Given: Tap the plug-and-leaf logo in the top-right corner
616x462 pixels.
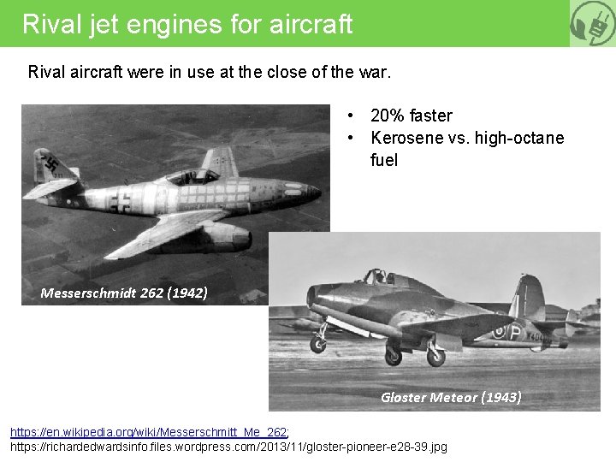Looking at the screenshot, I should tap(592, 23).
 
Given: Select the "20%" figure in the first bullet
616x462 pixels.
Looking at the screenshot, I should tap(388, 115).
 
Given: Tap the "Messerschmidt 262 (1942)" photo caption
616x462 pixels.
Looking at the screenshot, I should tap(124, 293).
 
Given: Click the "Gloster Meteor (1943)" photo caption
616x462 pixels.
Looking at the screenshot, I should tap(451, 397).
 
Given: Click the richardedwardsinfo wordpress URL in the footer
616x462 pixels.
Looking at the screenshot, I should tap(228, 447).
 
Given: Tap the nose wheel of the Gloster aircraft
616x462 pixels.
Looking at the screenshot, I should tap(317, 345).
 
